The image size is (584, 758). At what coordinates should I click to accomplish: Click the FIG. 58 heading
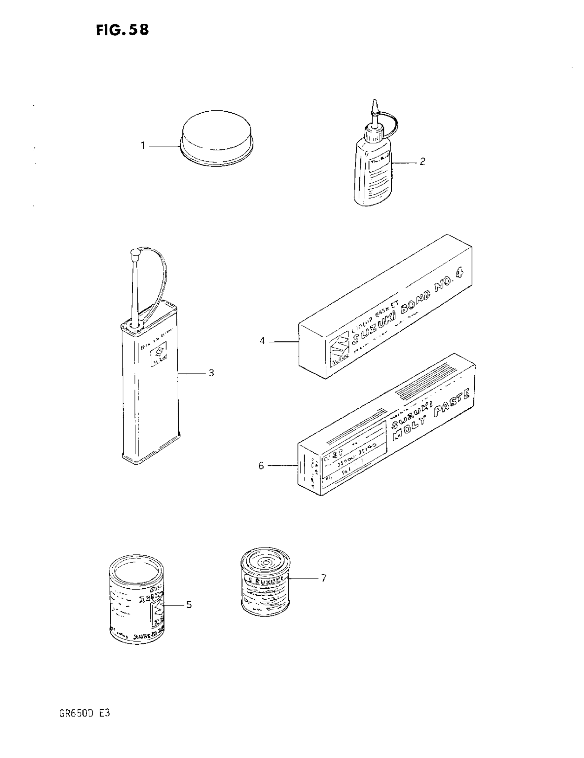(x=123, y=30)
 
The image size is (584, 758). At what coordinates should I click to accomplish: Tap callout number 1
(x=143, y=146)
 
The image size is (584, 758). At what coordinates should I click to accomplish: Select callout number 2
(x=422, y=162)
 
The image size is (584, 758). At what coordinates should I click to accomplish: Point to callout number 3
(x=211, y=373)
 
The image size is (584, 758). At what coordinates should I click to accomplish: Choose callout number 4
(x=262, y=341)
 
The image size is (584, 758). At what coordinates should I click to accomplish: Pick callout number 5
(x=189, y=604)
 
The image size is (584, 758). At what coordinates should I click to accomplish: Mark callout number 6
(x=261, y=465)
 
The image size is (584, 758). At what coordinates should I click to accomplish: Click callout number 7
(x=324, y=578)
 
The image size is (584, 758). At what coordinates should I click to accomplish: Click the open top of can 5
(x=136, y=570)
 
